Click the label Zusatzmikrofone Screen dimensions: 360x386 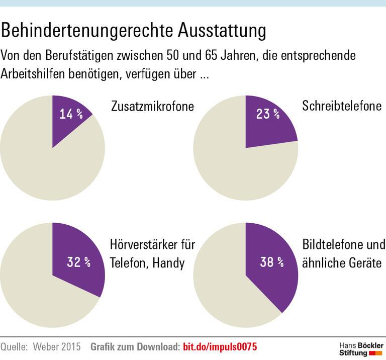point(152,107)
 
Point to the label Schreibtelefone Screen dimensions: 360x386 point(342,107)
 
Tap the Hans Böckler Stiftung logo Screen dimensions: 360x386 point(361,349)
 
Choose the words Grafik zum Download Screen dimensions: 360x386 point(134,346)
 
